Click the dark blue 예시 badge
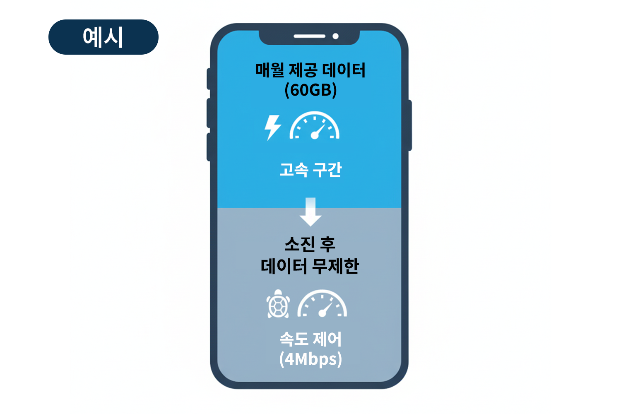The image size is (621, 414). tap(103, 37)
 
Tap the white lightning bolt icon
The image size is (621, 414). tap(272, 127)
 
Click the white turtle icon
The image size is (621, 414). tap(278, 305)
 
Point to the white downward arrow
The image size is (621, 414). tap(310, 212)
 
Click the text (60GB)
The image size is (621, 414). tap(310, 90)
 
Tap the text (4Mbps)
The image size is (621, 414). tap(310, 359)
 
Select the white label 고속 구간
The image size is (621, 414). tap(310, 170)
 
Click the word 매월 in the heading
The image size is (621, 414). tap(270, 70)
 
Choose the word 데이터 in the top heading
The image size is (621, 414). tap(344, 70)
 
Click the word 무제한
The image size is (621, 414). tap(335, 266)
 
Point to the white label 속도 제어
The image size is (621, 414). tap(310, 339)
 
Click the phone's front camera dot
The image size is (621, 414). tap(336, 36)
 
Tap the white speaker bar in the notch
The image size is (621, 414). tap(309, 36)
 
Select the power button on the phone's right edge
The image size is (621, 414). tap(410, 125)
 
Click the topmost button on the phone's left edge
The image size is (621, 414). tap(209, 79)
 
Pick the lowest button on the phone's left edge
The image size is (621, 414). tap(209, 147)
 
